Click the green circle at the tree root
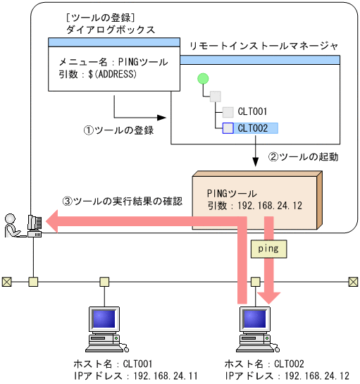coord(204,78)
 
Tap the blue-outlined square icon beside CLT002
coord(228,128)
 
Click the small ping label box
coord(268,249)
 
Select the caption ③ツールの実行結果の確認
coord(123,201)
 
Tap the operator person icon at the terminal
coord(12,224)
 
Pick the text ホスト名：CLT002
coord(264,364)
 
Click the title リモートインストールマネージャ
coord(263,46)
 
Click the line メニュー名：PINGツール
coord(113,62)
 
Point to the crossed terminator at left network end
coord(6,282)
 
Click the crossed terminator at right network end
coord(353,282)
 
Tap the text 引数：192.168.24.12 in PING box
coord(254,206)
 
